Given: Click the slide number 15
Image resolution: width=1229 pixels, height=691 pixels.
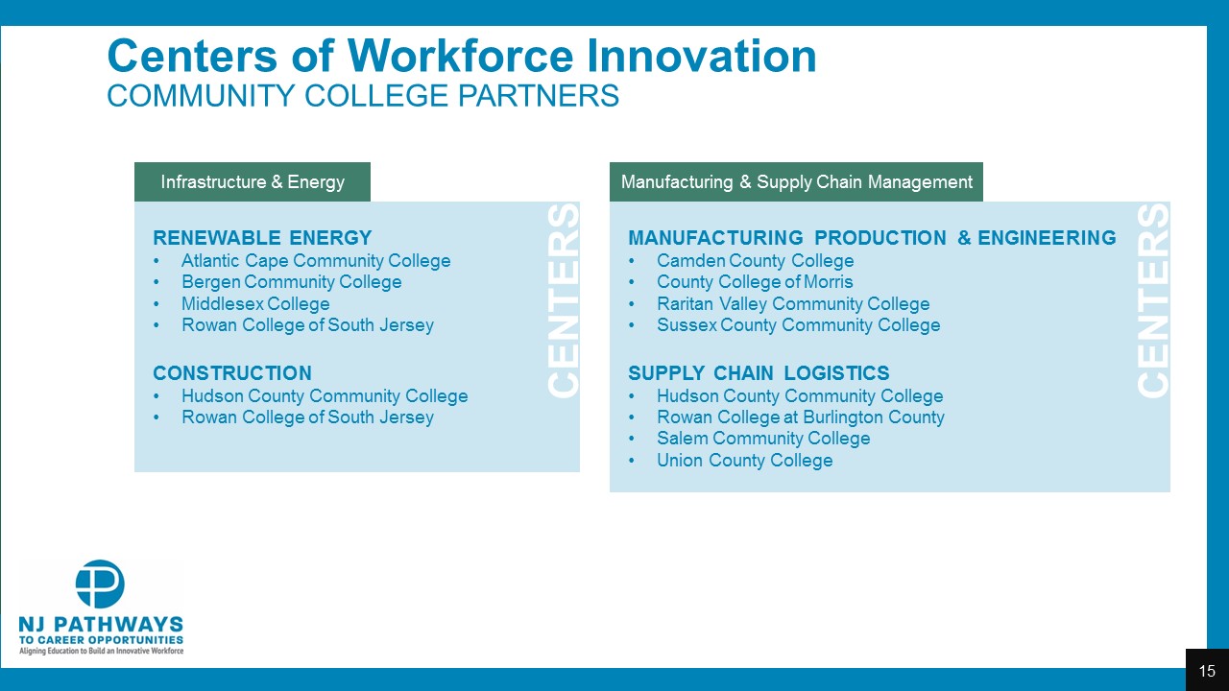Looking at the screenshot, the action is (x=1207, y=671).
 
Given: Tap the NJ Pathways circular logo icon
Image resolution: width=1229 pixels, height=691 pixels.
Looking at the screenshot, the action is (x=100, y=584).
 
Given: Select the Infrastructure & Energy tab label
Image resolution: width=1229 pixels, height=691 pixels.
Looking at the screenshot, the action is (x=253, y=181).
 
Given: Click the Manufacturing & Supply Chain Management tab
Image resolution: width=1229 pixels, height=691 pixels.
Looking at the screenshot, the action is (x=796, y=181).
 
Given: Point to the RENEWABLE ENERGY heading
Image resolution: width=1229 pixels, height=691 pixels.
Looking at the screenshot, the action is (x=262, y=238).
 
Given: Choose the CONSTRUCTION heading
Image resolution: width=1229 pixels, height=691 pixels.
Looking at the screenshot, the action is (x=232, y=373).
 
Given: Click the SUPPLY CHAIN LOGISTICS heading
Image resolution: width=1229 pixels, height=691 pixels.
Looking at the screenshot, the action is (x=759, y=373).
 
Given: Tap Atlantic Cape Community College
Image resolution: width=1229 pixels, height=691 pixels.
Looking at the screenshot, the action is (x=316, y=260).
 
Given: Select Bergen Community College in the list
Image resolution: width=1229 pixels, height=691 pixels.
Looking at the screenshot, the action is (x=291, y=282).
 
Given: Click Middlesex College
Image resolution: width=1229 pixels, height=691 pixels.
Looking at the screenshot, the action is (x=255, y=303).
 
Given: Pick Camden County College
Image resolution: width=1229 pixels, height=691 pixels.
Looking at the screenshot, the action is (x=756, y=260).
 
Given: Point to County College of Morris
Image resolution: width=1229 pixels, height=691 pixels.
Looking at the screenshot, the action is (x=755, y=282).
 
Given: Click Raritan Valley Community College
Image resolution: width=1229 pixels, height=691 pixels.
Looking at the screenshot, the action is (x=793, y=303).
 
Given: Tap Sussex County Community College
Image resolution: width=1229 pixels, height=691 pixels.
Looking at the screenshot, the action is (x=799, y=324).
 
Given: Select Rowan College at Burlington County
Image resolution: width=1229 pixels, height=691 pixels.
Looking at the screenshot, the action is (x=801, y=417).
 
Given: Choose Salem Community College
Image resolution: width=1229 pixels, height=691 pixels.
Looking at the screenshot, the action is (x=763, y=439).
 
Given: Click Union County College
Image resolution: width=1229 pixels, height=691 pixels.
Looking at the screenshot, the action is (x=745, y=460).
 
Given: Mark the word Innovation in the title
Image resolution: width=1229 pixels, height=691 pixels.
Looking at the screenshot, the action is (x=701, y=56).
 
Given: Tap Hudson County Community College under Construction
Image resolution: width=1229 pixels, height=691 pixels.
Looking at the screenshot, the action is (x=325, y=396).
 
